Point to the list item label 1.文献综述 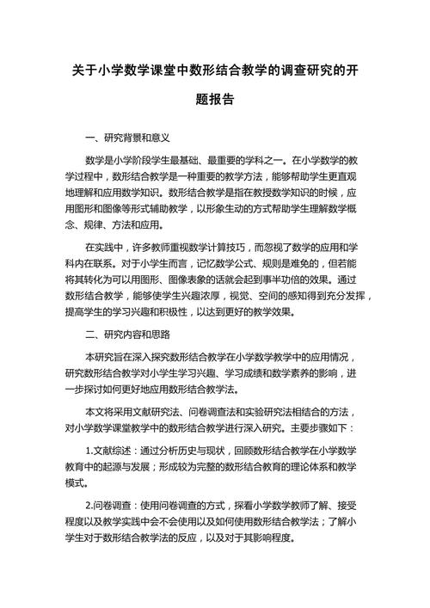pos(111,450)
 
